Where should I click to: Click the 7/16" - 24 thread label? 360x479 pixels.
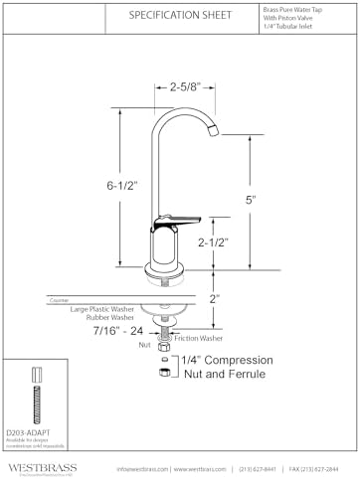point(117,329)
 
